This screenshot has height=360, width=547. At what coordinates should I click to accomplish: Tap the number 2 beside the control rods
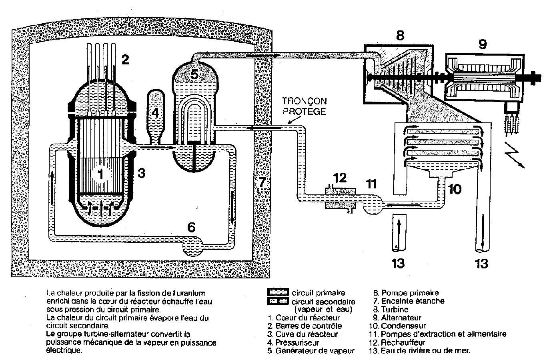126,60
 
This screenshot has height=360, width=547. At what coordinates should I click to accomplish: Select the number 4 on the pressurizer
155,113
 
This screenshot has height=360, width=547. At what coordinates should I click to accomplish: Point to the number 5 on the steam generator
194,74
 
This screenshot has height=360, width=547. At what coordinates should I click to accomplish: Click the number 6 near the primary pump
191,227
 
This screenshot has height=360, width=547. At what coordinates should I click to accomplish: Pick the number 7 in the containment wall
262,182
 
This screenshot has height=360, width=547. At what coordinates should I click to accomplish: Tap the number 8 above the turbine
400,36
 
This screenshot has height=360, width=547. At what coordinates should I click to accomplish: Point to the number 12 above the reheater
340,177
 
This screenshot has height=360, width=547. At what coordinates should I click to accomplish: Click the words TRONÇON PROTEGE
304,106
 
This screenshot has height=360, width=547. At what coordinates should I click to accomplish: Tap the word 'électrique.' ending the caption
64,350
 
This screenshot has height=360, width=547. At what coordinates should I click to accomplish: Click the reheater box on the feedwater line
340,198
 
